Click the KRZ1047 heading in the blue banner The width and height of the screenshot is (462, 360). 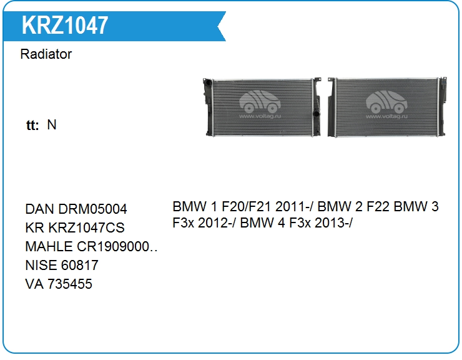(65, 26)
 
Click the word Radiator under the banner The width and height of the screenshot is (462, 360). (46, 54)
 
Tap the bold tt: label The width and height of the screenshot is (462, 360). (32, 125)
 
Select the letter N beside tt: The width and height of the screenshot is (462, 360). (52, 124)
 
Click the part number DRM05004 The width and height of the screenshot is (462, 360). (92, 209)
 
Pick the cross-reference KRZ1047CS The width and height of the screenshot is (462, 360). (86, 227)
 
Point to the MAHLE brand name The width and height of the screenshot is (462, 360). (49, 247)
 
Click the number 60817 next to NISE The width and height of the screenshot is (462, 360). (80, 265)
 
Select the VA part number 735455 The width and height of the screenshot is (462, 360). (70, 284)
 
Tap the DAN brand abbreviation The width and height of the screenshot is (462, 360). (40, 209)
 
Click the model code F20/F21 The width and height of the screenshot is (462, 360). (246, 206)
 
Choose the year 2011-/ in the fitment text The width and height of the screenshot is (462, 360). (294, 206)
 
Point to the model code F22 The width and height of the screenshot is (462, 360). (378, 206)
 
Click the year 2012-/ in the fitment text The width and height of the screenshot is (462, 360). (217, 222)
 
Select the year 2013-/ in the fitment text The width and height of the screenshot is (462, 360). (333, 222)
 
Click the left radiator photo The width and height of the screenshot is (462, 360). (262, 107)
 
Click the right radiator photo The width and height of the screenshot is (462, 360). (387, 107)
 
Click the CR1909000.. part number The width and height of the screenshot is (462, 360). (117, 247)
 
